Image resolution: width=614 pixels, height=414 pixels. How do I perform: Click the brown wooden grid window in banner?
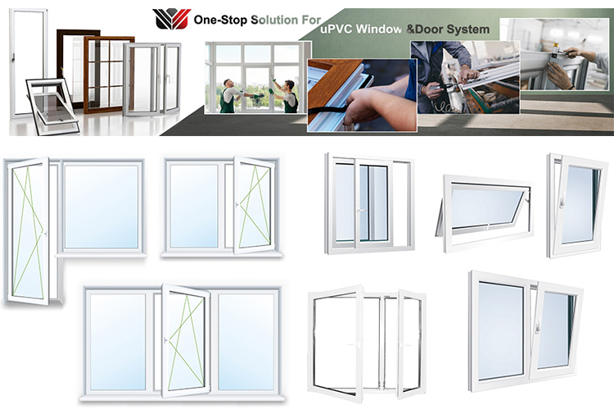(108, 73)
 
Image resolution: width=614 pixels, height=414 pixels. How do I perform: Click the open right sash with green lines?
(253, 204)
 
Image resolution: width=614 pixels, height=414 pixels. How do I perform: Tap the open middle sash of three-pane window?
(184, 340)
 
